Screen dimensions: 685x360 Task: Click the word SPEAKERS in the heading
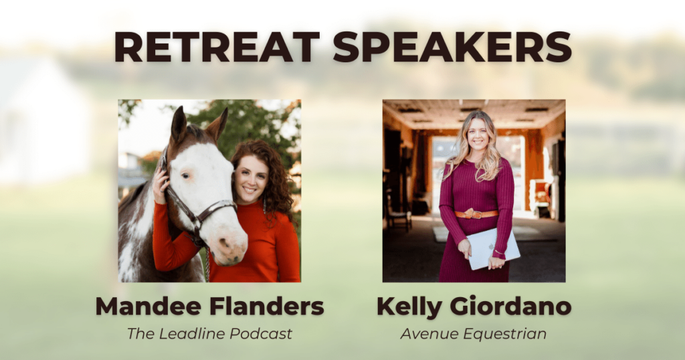tap(453, 47)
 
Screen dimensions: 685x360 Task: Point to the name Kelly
tap(409, 307)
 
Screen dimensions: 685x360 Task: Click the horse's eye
tap(186, 175)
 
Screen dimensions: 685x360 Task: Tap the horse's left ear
tap(179, 124)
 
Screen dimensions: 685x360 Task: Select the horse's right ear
tap(217, 124)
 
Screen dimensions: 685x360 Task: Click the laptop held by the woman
tap(493, 248)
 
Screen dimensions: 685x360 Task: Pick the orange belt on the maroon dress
tap(476, 214)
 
